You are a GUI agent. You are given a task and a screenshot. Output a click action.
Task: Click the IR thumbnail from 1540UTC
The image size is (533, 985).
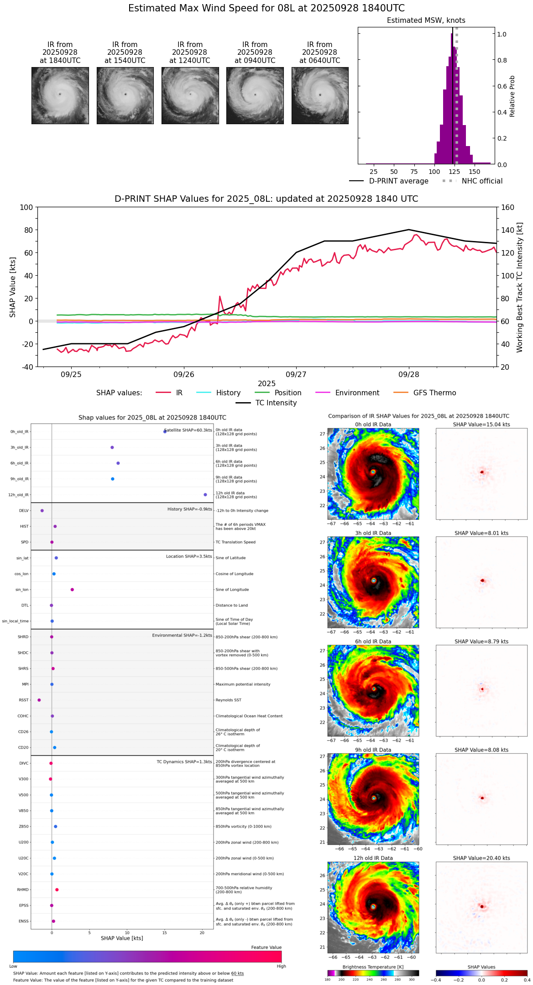[x=125, y=95]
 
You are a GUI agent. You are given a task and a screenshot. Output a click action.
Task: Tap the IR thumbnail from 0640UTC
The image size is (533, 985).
[x=320, y=95]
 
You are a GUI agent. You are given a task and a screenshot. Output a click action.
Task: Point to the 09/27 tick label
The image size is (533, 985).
[x=296, y=375]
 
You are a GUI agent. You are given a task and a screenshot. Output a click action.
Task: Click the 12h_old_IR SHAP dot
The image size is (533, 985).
[x=205, y=495]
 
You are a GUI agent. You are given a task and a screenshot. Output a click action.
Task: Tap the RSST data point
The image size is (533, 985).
[x=39, y=700]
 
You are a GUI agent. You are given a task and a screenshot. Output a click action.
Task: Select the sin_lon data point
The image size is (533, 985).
[x=72, y=590]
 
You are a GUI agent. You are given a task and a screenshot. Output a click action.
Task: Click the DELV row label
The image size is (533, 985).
[x=24, y=511]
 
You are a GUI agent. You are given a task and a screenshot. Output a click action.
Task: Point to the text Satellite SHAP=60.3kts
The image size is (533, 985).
[x=188, y=430]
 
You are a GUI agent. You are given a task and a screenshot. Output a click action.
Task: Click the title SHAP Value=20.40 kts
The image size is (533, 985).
[x=481, y=858]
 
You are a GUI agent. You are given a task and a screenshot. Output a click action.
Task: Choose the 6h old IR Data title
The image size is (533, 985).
[x=373, y=642]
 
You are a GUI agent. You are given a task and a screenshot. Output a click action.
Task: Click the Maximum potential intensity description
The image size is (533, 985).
[x=243, y=685]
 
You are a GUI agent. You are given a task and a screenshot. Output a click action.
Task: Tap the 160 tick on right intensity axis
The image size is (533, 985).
[x=508, y=208]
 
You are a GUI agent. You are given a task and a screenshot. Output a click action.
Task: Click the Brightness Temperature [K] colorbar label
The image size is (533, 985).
[x=373, y=967]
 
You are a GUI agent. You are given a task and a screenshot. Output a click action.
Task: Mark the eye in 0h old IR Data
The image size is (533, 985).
[x=373, y=472]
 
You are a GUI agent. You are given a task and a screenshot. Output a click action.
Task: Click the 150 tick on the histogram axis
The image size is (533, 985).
[x=475, y=172]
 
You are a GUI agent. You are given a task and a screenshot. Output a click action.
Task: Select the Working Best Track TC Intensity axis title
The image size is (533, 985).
[x=520, y=288]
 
